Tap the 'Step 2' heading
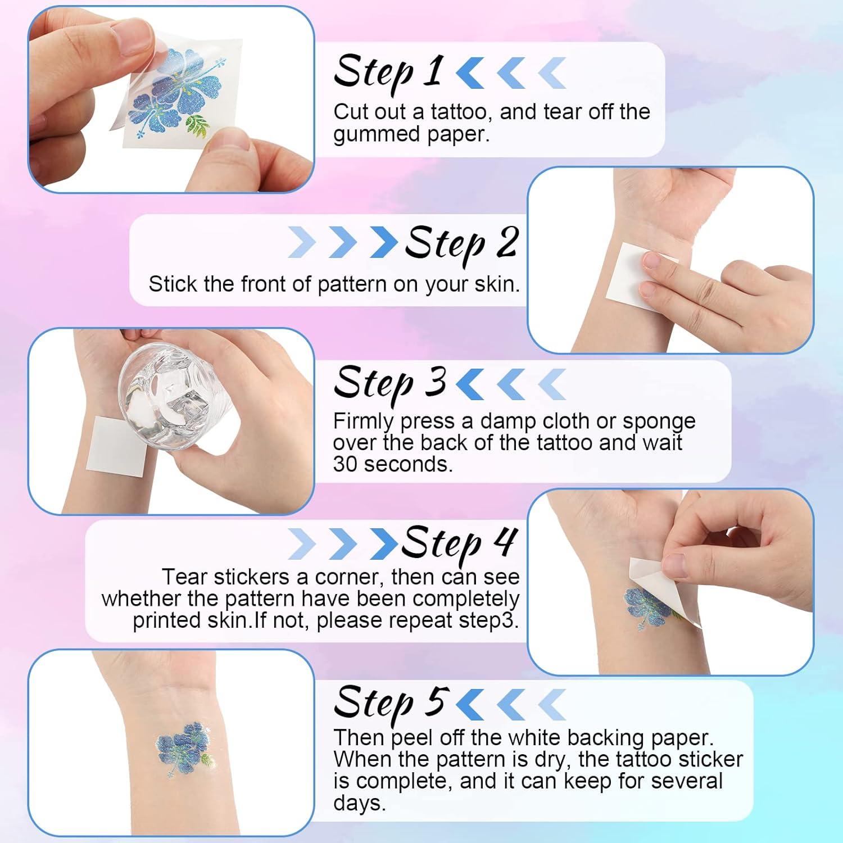point(461,244)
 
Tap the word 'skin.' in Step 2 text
point(497,284)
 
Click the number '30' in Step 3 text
point(345,464)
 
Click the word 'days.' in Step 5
point(359,803)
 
